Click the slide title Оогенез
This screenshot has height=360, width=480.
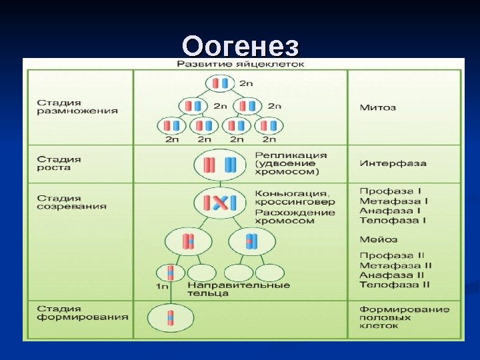[x=241, y=47]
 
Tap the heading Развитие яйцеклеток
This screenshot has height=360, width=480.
[x=241, y=65]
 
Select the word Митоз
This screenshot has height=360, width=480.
[x=378, y=107]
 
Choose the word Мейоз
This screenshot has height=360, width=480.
[x=379, y=239]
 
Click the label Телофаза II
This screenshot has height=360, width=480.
[x=394, y=284]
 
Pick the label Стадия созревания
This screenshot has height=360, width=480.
[x=71, y=202]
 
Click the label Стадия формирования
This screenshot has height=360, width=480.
[x=82, y=313]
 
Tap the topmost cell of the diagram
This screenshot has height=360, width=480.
[x=220, y=83]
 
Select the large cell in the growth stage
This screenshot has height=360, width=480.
[x=221, y=164]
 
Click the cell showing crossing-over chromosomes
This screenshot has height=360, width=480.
[x=221, y=203]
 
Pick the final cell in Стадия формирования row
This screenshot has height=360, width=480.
[x=170, y=317]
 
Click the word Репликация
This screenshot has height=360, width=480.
[x=282, y=155]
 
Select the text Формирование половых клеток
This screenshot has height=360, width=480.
[x=404, y=317]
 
